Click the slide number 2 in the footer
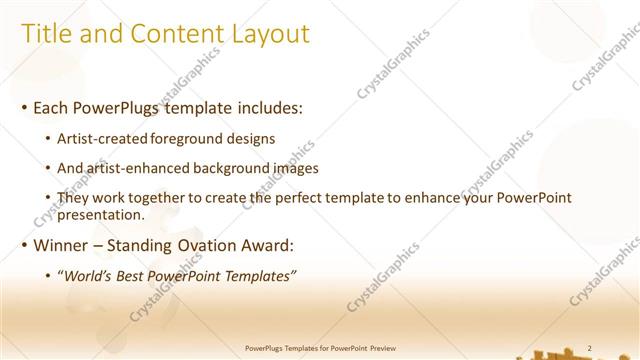tap(590, 348)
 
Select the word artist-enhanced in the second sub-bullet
tap(152, 169)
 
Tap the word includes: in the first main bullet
tap(268, 107)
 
